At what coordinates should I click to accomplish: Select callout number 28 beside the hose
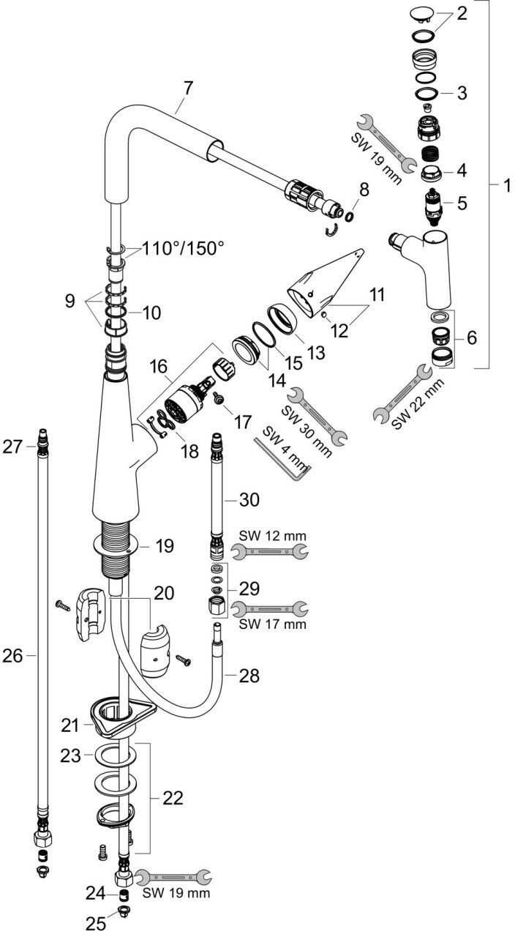point(249,676)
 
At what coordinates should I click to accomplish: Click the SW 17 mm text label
point(272,624)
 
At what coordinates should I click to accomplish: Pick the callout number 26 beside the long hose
point(13,655)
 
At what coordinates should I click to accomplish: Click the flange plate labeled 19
point(116,543)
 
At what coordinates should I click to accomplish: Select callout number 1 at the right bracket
point(506,184)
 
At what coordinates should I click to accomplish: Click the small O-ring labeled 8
point(350,215)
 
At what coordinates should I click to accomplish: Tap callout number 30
point(249,499)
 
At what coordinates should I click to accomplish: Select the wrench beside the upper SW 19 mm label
point(386,143)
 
